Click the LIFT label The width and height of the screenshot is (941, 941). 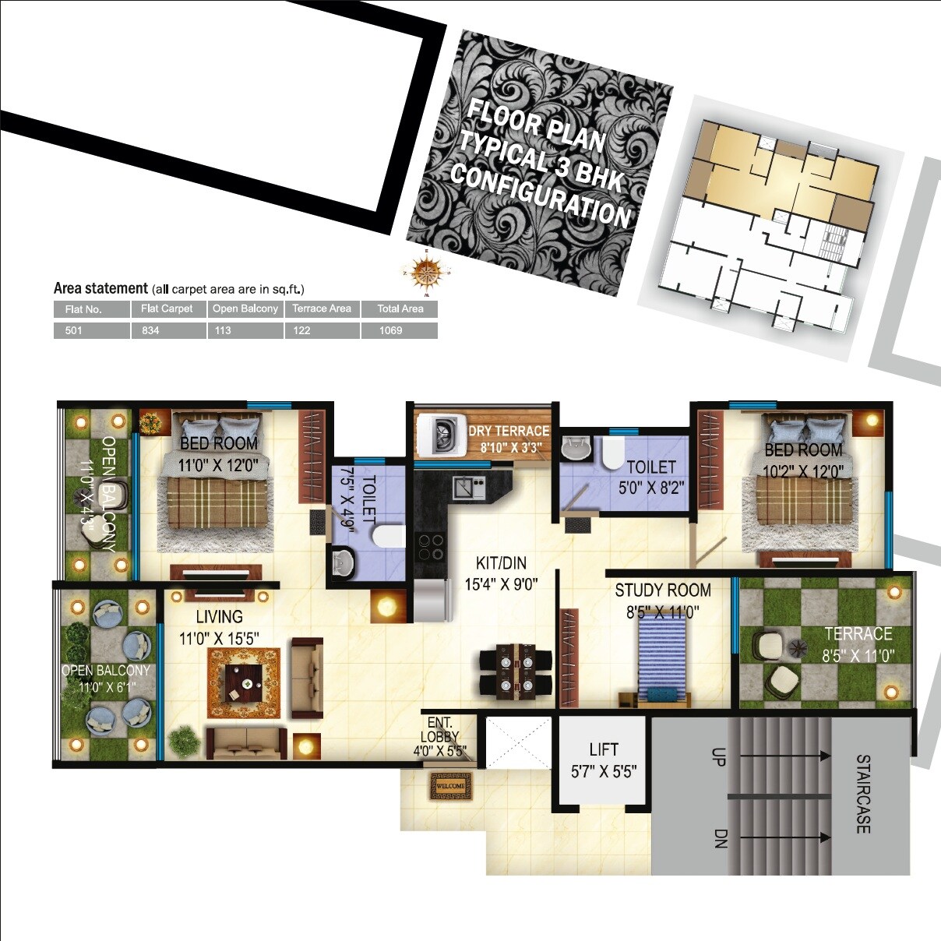(x=604, y=749)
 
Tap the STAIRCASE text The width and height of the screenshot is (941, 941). (x=863, y=793)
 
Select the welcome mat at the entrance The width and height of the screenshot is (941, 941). (x=450, y=786)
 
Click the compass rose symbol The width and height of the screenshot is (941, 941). (x=425, y=271)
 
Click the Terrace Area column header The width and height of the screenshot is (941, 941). (x=322, y=308)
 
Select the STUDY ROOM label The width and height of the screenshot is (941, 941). (x=663, y=590)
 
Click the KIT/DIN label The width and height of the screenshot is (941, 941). (x=501, y=563)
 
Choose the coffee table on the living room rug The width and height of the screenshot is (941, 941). (x=244, y=683)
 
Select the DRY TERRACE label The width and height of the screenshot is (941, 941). (x=509, y=431)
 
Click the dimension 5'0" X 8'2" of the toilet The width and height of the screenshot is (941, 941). (x=651, y=488)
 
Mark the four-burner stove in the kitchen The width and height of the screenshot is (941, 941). (x=431, y=547)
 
